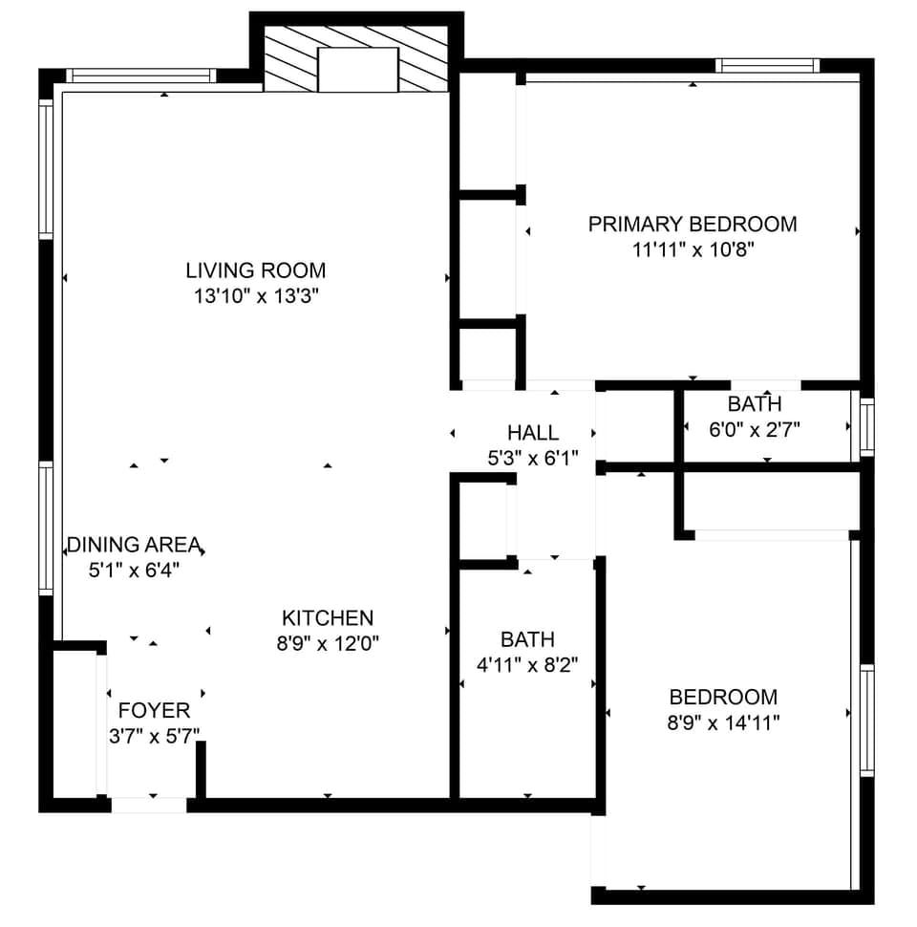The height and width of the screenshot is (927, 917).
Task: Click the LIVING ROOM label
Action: [255, 270]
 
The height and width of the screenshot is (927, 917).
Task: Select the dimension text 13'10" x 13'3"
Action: [255, 296]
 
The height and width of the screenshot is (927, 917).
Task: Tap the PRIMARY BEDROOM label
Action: [692, 225]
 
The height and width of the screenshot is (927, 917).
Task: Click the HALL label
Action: [533, 433]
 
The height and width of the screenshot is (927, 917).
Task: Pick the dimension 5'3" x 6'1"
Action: [533, 459]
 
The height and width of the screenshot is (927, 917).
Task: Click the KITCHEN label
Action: [328, 618]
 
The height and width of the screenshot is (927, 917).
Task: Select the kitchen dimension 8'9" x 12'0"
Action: [328, 644]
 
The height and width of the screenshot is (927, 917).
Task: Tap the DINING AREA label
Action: [134, 546]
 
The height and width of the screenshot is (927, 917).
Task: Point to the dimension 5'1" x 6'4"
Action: [134, 571]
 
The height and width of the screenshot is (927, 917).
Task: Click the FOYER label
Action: [154, 711]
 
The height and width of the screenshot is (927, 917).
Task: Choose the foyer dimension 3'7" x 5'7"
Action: [154, 736]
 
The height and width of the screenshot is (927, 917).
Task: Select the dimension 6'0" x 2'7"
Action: [754, 430]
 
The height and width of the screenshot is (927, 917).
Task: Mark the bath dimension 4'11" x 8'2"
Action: [527, 664]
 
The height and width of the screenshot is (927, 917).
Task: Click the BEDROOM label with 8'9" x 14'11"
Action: [723, 698]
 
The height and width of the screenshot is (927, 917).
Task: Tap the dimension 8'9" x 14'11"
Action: [723, 722]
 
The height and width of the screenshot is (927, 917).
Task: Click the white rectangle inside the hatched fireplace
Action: [357, 70]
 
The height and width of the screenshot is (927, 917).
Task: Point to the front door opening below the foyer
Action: [149, 805]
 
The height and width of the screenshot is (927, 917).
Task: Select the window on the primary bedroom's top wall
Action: [767, 66]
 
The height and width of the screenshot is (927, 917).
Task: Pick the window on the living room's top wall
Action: [140, 75]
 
